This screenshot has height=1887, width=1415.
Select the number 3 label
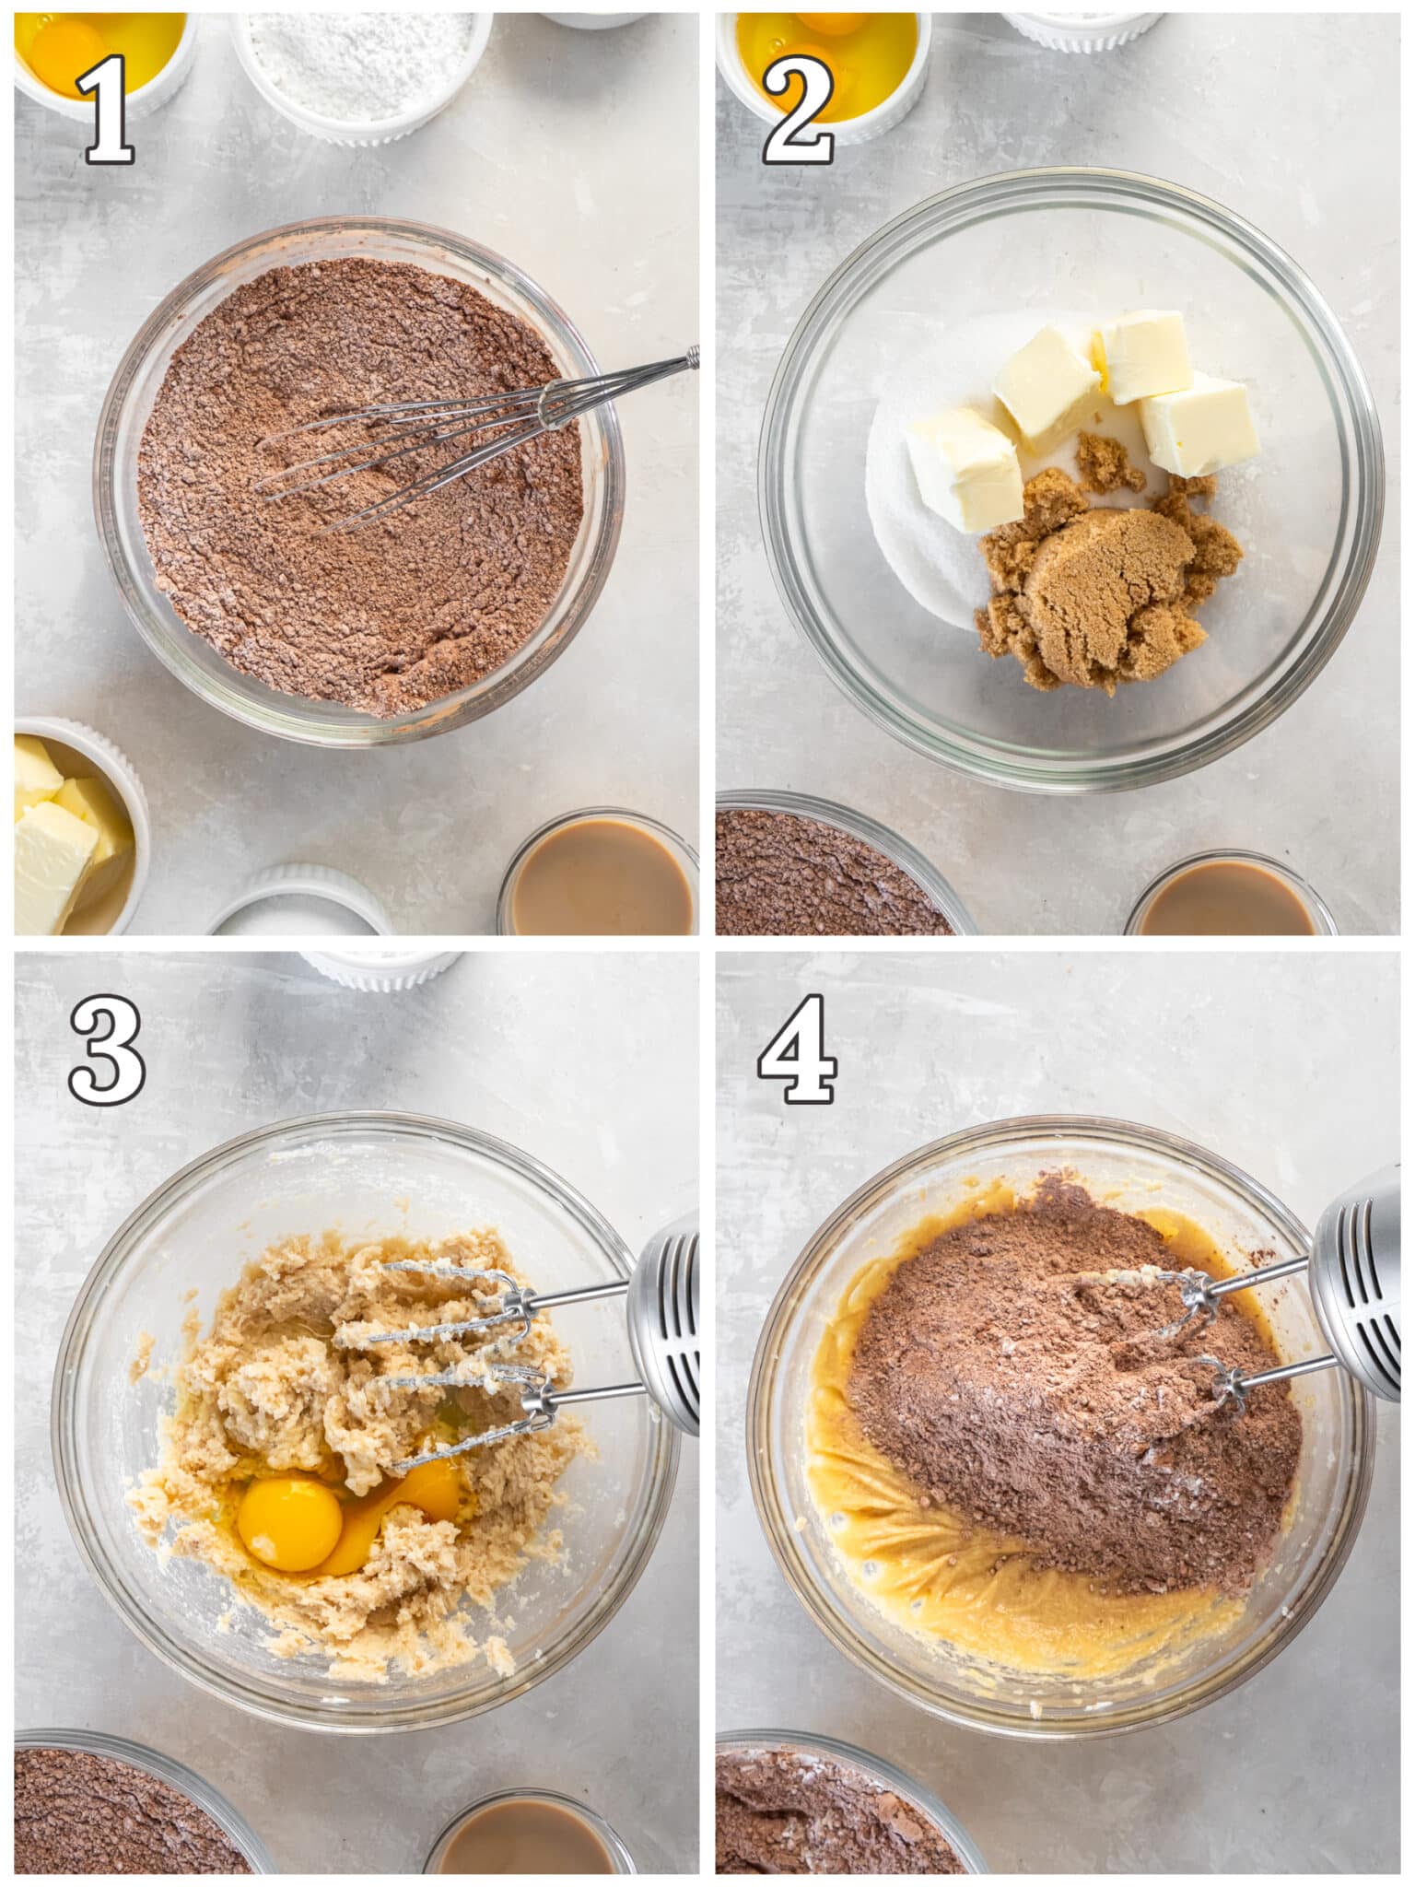(x=107, y=1052)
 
